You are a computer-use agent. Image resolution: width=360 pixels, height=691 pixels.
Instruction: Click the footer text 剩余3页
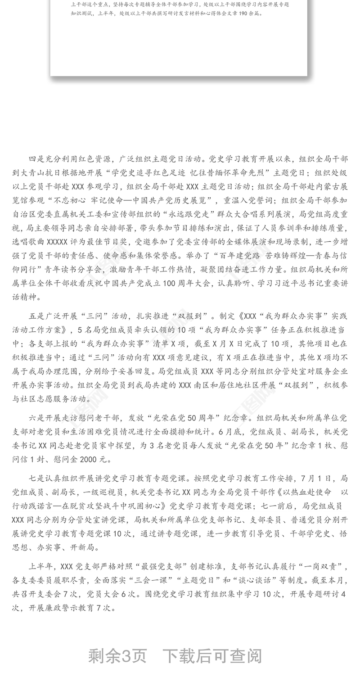coord(117,656)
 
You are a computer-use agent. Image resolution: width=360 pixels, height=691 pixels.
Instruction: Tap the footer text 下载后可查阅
coord(212,656)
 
